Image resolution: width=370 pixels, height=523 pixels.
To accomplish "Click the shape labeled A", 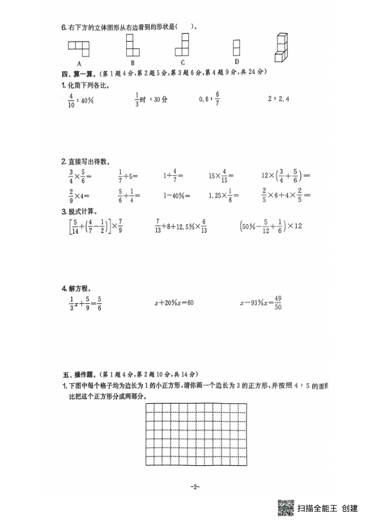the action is click(x=80, y=47).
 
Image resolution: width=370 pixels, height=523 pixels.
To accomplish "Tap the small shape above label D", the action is click(x=236, y=48).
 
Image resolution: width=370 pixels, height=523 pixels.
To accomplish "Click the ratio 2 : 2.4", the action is click(x=279, y=98).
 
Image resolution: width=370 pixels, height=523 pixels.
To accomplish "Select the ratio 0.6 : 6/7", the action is click(x=210, y=98).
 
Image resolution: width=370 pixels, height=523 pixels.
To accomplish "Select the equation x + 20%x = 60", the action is click(x=175, y=303).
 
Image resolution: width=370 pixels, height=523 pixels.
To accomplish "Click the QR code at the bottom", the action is click(x=285, y=507).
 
